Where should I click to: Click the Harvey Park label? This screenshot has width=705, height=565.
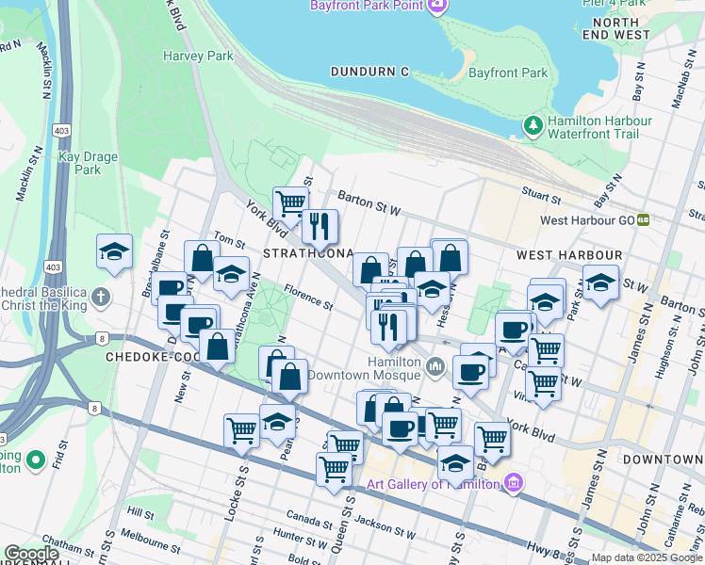(198, 56)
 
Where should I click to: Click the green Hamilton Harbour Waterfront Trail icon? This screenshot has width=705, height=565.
(533, 124)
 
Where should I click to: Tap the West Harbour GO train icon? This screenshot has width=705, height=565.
(644, 220)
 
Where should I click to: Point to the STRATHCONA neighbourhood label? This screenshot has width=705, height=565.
(307, 254)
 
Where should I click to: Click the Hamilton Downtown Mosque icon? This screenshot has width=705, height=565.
(435, 365)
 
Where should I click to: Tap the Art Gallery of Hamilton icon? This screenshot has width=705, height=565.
(513, 484)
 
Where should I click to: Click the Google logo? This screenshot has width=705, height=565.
(31, 554)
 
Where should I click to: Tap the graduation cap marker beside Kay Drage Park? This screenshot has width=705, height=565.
(114, 251)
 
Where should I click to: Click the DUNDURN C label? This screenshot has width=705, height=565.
(370, 72)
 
